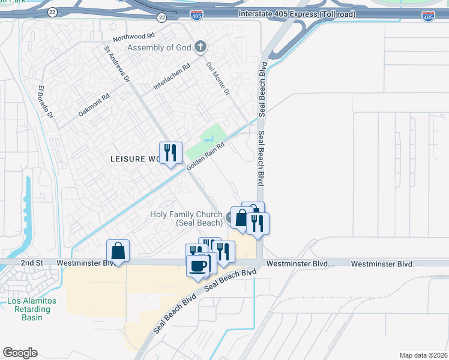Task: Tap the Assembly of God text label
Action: (159, 47)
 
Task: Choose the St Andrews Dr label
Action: (117, 64)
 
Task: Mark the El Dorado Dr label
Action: (46, 102)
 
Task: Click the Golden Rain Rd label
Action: (205, 155)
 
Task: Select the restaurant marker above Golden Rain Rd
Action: (170, 153)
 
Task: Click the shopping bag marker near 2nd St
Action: (118, 251)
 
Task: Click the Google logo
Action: (20, 353)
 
